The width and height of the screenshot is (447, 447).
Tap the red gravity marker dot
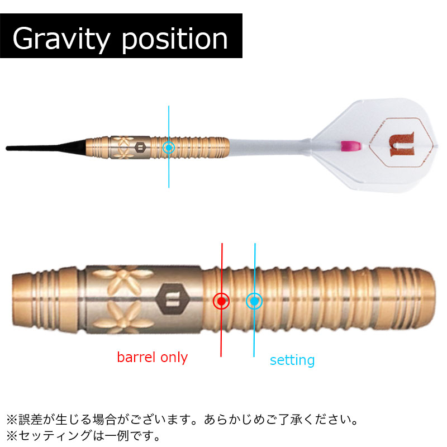(x=222, y=301)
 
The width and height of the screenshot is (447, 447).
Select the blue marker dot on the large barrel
(x=254, y=301)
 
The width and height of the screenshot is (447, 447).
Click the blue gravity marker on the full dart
(x=169, y=148)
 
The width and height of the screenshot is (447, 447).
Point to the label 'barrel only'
(x=152, y=357)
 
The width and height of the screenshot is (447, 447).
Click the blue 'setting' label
(x=292, y=360)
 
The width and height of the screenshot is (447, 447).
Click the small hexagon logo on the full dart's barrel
(x=140, y=147)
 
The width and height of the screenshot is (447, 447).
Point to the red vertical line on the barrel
(x=222, y=335)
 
